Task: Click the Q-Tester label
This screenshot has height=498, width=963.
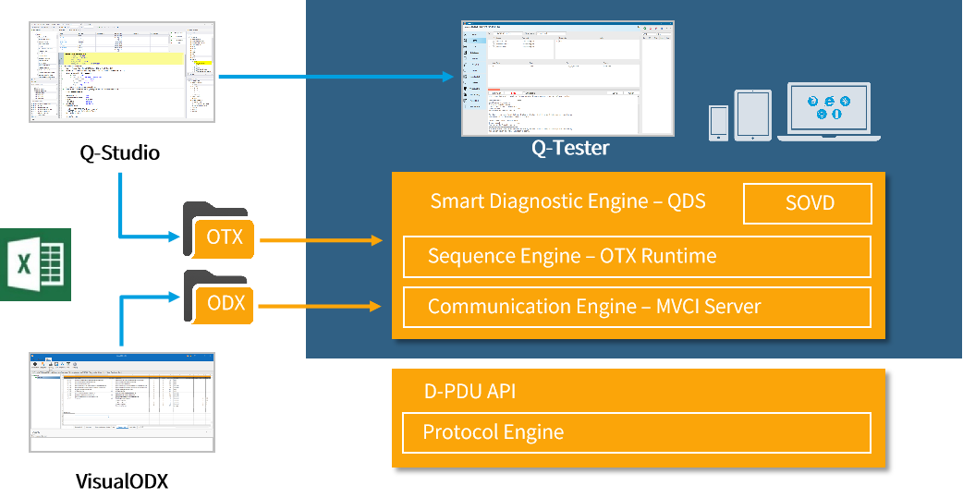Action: coord(570,148)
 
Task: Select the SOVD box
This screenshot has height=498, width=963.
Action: coord(808,203)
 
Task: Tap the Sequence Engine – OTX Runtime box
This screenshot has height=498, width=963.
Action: coord(637,257)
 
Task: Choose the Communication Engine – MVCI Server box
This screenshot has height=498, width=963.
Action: coord(637,307)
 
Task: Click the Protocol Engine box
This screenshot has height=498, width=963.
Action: coord(637,432)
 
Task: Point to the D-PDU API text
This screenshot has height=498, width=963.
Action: coord(469,391)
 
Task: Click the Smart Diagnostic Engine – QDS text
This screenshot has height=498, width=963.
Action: coord(567,201)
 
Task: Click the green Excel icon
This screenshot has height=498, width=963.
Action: coord(35,263)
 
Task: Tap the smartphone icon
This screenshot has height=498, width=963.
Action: coord(718,123)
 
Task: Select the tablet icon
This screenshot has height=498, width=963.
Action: coord(752,115)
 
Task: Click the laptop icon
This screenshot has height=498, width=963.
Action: coord(829,112)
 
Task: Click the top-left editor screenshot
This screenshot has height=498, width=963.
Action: coord(122,73)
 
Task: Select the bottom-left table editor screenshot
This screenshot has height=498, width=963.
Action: coord(122,402)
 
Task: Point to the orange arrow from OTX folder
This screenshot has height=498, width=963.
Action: coord(321,241)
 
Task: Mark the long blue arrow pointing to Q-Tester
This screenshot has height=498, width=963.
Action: coord(337,76)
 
